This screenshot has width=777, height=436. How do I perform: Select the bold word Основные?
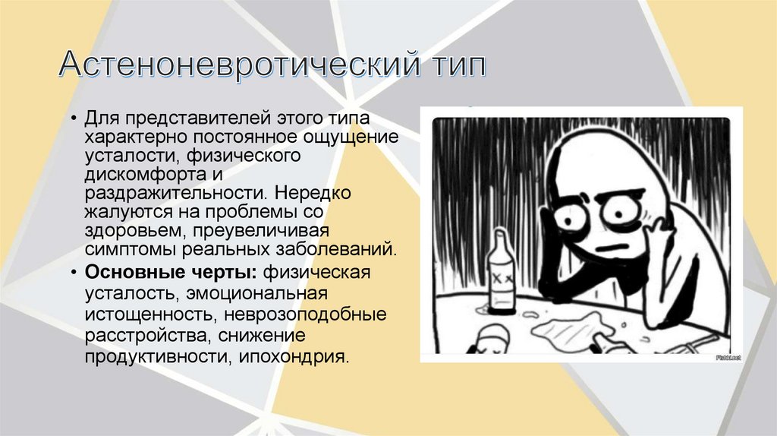point(127,273)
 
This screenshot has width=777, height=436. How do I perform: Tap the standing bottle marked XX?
point(500,277)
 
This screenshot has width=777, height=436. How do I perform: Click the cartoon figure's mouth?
point(612,250)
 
